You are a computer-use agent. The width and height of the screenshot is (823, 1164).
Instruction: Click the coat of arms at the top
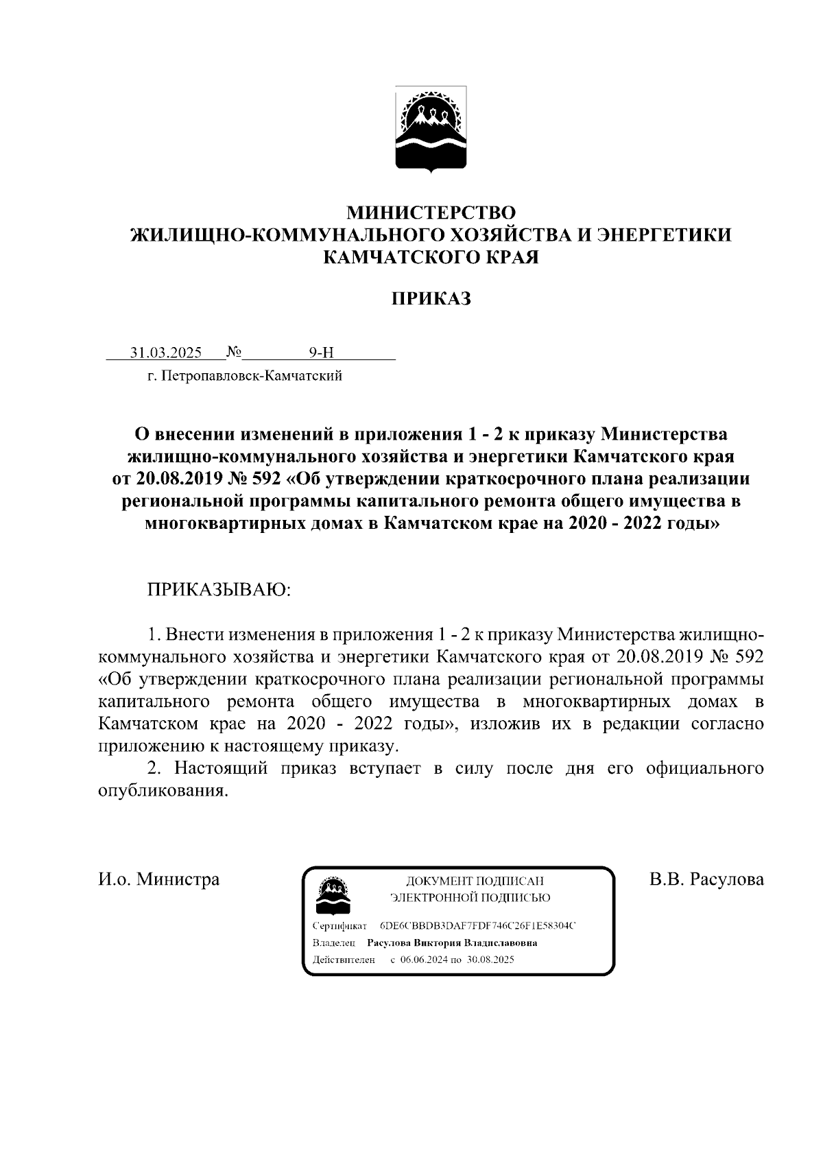click(431, 129)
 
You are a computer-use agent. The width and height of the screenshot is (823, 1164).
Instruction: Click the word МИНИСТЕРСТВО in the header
click(430, 211)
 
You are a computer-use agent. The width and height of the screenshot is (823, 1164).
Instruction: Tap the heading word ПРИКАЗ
click(431, 299)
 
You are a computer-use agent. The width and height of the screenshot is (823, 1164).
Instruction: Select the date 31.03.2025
click(166, 353)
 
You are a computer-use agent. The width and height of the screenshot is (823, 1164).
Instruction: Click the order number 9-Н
click(321, 353)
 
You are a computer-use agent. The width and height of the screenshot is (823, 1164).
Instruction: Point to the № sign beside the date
click(233, 353)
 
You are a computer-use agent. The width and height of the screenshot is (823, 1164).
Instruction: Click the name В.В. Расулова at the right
click(706, 879)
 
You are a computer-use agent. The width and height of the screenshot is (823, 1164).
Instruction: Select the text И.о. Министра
click(159, 879)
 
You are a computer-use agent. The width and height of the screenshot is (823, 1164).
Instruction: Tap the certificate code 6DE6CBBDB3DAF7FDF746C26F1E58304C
click(477, 926)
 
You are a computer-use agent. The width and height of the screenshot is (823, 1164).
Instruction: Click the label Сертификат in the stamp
click(339, 926)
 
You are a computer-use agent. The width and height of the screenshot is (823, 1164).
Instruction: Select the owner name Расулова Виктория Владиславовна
click(452, 942)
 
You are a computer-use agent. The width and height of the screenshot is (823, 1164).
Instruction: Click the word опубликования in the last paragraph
click(162, 790)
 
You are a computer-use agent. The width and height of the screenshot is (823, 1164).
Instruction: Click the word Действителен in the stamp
click(343, 960)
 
